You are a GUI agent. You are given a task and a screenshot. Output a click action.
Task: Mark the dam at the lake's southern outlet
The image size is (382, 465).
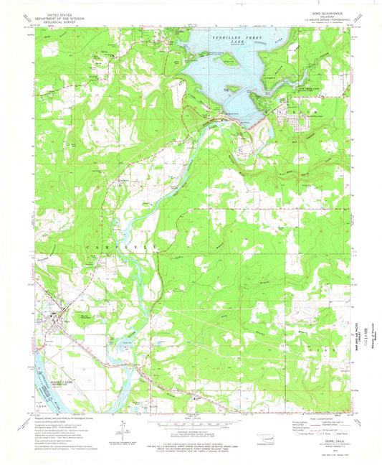[229, 119]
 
